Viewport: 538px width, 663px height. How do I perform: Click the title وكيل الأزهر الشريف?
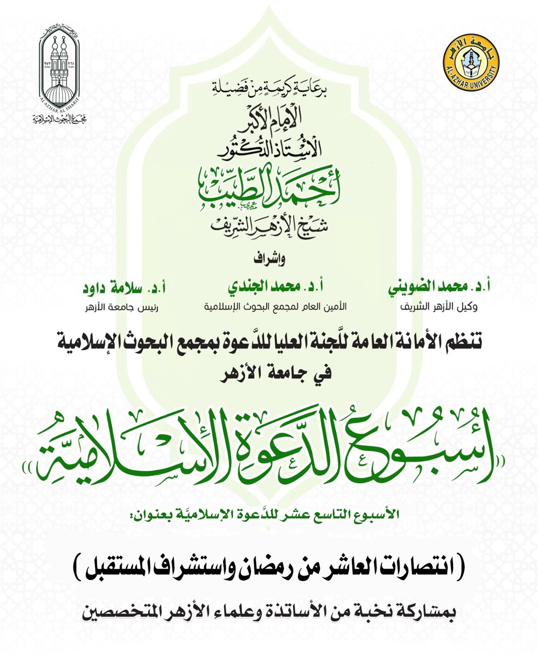click(x=439, y=307)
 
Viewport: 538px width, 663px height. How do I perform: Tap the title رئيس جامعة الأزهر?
click(x=122, y=307)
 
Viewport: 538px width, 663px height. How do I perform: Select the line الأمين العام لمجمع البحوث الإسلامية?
click(x=275, y=307)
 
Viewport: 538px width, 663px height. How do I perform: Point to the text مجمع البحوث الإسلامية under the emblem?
click(x=59, y=119)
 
